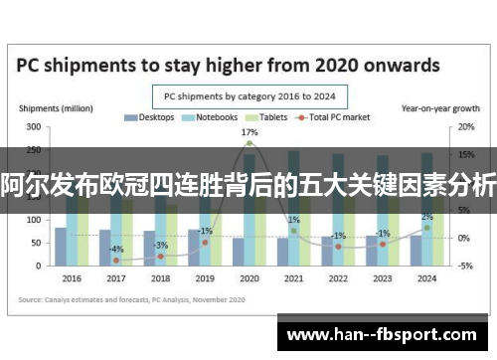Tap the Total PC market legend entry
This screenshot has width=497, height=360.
[338, 117]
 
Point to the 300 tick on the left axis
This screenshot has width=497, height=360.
[33, 128]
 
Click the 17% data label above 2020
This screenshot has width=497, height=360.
[249, 132]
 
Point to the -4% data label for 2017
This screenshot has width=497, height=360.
[116, 249]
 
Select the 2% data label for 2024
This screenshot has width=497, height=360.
[426, 217]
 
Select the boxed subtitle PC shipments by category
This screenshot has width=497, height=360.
[248, 96]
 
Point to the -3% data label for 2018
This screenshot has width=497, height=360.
[161, 244]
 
